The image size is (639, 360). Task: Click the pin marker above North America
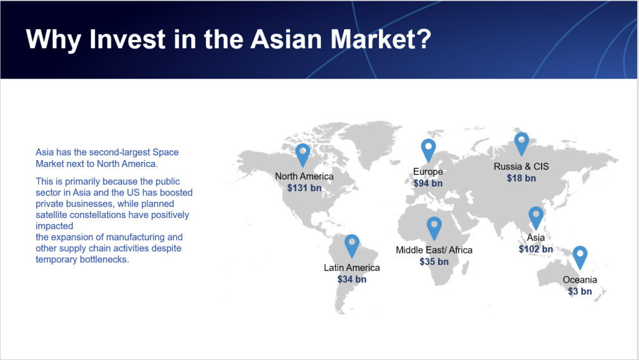click(x=303, y=154)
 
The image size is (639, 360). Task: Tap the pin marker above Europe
click(x=429, y=150)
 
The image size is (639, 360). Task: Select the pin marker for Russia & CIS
click(x=522, y=143)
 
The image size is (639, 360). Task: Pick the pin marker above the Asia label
click(x=536, y=217)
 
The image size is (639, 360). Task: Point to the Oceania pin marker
click(x=580, y=257)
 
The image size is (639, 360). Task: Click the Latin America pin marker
click(x=352, y=246)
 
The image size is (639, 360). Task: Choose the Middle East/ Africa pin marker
click(x=434, y=228)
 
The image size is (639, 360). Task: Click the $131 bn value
click(x=305, y=188)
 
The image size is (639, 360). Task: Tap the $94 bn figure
click(x=428, y=183)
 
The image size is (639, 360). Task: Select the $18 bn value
click(x=522, y=178)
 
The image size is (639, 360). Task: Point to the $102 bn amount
click(x=536, y=249)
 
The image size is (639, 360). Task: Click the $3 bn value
click(x=580, y=291)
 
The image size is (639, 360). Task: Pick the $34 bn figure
click(x=352, y=279)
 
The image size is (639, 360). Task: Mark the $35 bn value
click(x=434, y=261)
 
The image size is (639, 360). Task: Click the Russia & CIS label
click(x=522, y=166)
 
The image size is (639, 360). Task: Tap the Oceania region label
click(x=580, y=280)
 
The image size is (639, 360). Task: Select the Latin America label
click(x=352, y=268)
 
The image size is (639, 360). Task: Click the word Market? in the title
click(x=381, y=39)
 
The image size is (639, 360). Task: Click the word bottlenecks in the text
click(x=103, y=259)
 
